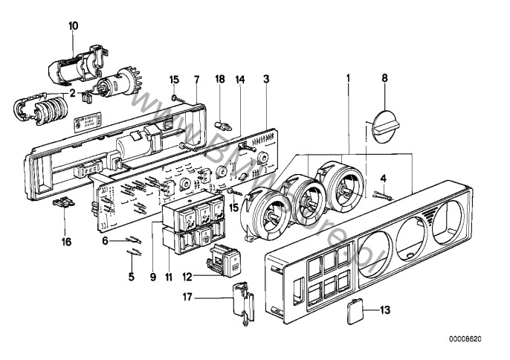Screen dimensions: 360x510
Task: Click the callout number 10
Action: (73, 25)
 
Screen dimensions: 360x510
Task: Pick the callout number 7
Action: (196, 78)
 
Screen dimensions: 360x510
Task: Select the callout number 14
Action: (239, 78)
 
